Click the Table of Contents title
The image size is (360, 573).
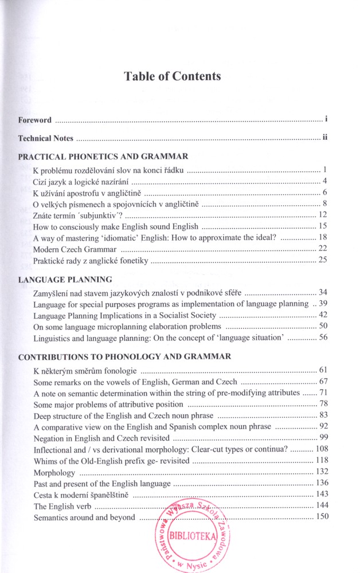[x=173, y=76]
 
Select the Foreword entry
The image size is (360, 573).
[x=35, y=120]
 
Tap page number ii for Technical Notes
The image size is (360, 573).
[x=324, y=138]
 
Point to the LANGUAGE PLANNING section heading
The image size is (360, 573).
[x=65, y=280]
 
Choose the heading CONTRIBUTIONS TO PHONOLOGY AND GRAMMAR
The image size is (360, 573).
[x=125, y=356]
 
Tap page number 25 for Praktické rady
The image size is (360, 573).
[x=322, y=261]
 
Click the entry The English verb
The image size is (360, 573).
[x=62, y=507]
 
